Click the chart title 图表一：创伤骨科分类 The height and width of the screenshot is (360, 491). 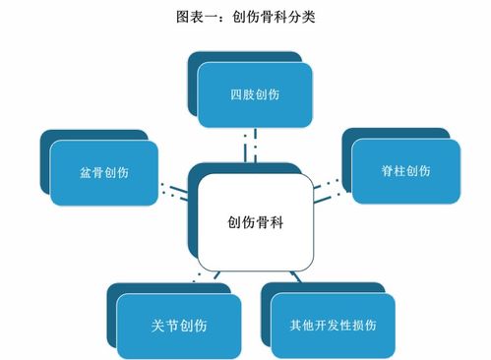click(245, 17)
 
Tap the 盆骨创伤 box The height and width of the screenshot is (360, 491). click(104, 172)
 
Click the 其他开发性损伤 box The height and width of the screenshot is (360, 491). click(335, 324)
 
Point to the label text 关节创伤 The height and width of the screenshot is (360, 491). click(179, 324)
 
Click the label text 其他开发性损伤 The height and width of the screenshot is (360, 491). click(335, 324)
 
